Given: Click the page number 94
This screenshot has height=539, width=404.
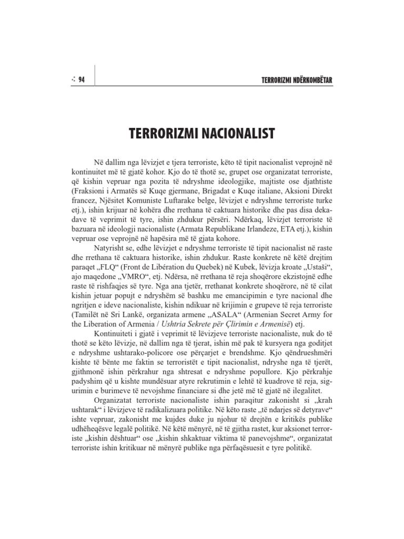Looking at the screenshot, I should [82, 79].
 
